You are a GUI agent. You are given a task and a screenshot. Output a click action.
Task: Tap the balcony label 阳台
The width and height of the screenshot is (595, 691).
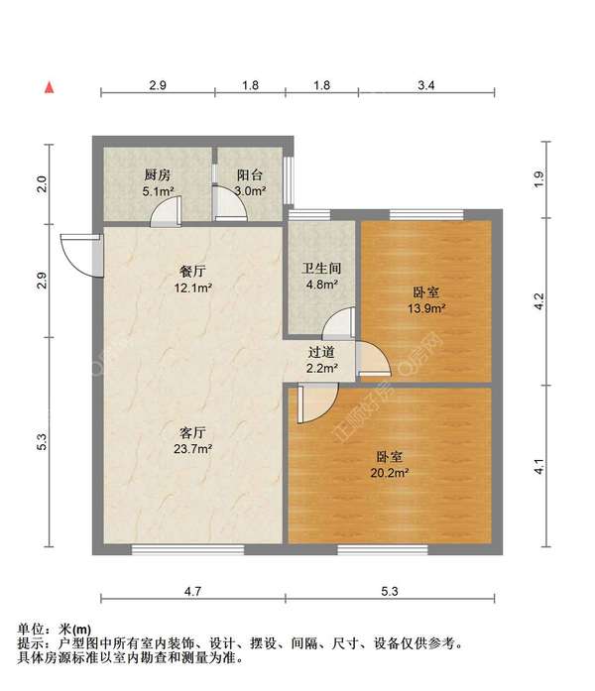click(249, 174)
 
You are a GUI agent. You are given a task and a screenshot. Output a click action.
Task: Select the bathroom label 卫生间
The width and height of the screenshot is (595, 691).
click(320, 267)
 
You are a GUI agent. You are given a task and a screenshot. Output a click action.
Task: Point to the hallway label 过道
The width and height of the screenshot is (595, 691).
click(320, 352)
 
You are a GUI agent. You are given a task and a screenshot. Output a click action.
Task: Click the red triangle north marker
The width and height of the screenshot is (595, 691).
click(47, 87)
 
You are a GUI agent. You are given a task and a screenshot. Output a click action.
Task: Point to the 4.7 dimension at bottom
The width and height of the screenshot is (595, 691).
click(193, 591)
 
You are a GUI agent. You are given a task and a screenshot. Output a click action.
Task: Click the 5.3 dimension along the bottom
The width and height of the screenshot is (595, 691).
click(390, 591)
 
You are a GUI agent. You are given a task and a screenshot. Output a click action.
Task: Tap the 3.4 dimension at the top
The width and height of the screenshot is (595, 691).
click(426, 86)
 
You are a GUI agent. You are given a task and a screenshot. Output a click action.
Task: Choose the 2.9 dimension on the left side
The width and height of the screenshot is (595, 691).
click(42, 281)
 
